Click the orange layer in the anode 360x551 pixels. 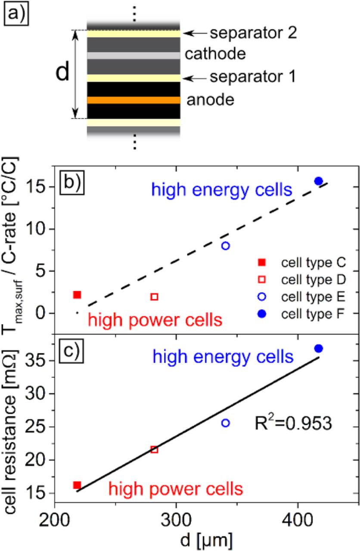tap(133, 100)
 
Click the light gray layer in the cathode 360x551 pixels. tap(133, 56)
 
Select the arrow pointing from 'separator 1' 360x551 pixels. tap(193, 78)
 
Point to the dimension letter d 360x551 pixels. tap(63, 74)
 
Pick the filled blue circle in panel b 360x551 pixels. tap(319, 181)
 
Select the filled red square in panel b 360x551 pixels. tap(77, 295)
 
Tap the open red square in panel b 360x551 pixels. tap(155, 297)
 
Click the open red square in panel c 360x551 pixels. tap(154, 450)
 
